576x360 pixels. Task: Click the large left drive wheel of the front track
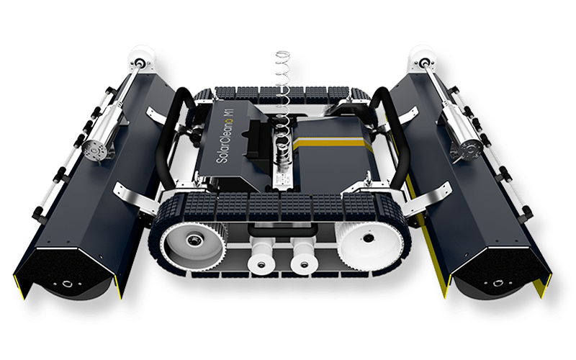pyautogui.click(x=193, y=244)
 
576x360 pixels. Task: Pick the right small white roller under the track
pyautogui.click(x=304, y=263)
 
